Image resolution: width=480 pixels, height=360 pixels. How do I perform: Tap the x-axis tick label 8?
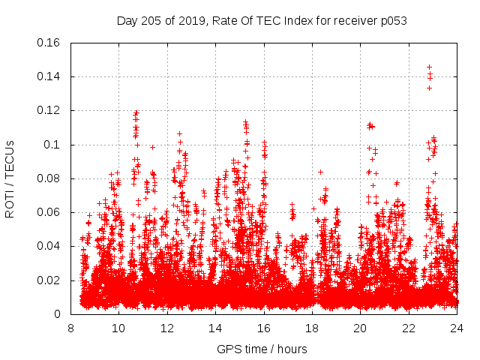pyautogui.click(x=70, y=328)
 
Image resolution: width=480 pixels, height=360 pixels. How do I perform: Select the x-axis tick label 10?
pyautogui.click(x=118, y=328)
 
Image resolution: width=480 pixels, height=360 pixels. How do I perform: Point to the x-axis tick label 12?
pyautogui.click(x=167, y=328)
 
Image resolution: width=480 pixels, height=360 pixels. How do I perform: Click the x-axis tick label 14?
pyautogui.click(x=215, y=328)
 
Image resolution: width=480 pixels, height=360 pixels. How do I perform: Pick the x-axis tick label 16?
pyautogui.click(x=264, y=328)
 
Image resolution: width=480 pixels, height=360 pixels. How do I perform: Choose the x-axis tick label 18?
pyautogui.click(x=312, y=328)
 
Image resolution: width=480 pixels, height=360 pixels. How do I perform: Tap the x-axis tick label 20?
pyautogui.click(x=361, y=328)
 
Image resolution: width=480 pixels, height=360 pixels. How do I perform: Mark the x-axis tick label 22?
pyautogui.click(x=409, y=328)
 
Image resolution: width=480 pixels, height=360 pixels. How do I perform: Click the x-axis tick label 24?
pyautogui.click(x=457, y=328)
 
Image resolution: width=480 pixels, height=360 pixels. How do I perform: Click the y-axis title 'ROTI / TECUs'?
pyautogui.click(x=10, y=178)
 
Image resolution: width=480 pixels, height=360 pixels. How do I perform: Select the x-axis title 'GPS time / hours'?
pyautogui.click(x=263, y=349)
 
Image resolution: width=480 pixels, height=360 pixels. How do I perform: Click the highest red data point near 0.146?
pyautogui.click(x=429, y=67)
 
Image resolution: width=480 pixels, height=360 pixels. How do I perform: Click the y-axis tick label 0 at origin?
pyautogui.click(x=58, y=314)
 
